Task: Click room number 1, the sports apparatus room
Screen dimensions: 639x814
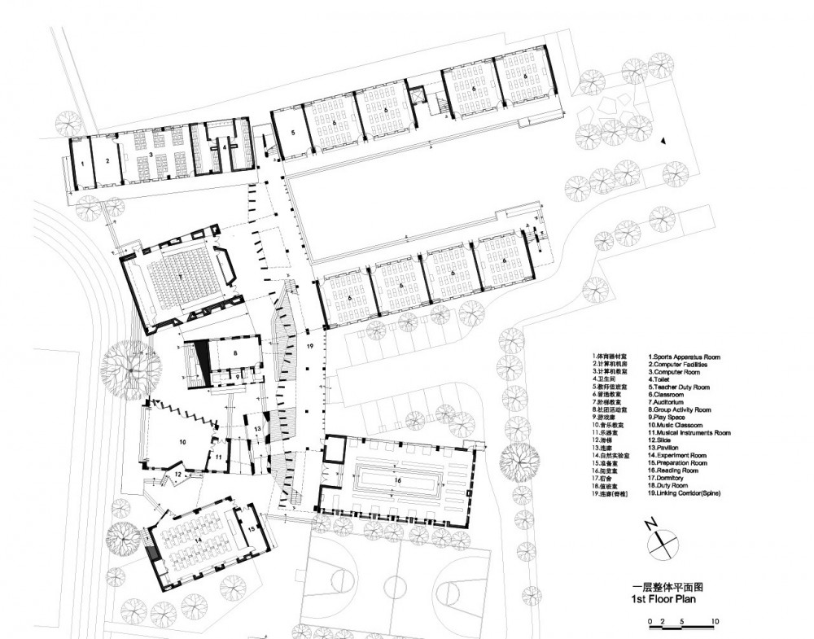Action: coord(83,163)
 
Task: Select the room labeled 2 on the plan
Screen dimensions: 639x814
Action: coord(107,161)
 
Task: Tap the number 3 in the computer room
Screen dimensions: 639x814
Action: coord(151,152)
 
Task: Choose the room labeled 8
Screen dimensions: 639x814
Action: coord(234,353)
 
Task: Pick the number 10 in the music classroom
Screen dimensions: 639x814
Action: coord(182,440)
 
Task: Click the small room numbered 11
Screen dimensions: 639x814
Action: coord(219,457)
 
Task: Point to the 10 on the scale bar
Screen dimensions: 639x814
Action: coord(715,622)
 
